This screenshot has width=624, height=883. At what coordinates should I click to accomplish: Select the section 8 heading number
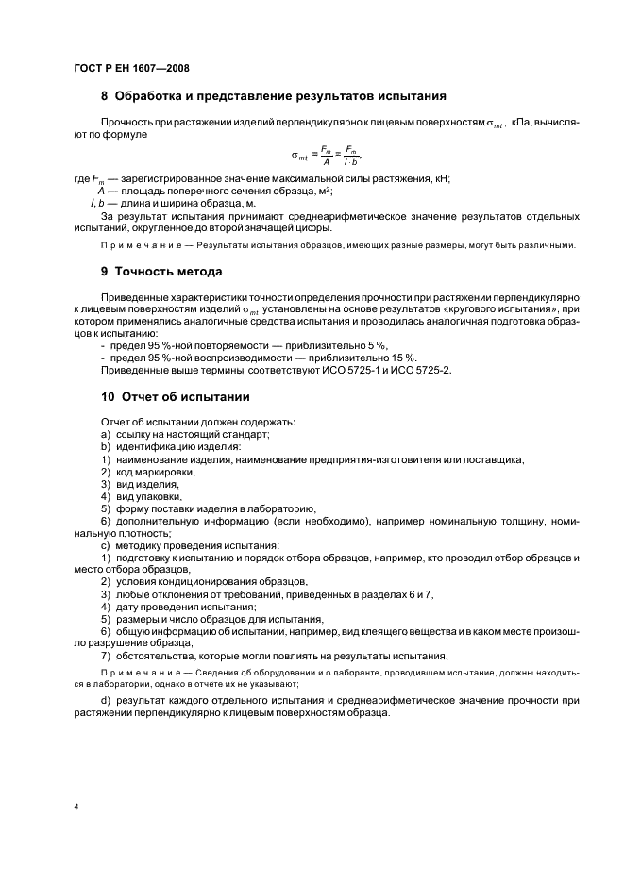(x=104, y=96)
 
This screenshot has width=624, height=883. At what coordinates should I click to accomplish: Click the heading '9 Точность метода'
(x=160, y=272)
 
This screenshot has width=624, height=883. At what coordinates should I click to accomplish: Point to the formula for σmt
(x=326, y=155)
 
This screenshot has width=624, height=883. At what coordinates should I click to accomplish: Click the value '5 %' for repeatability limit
(x=375, y=346)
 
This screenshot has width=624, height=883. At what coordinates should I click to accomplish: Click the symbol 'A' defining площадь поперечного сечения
(x=100, y=191)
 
